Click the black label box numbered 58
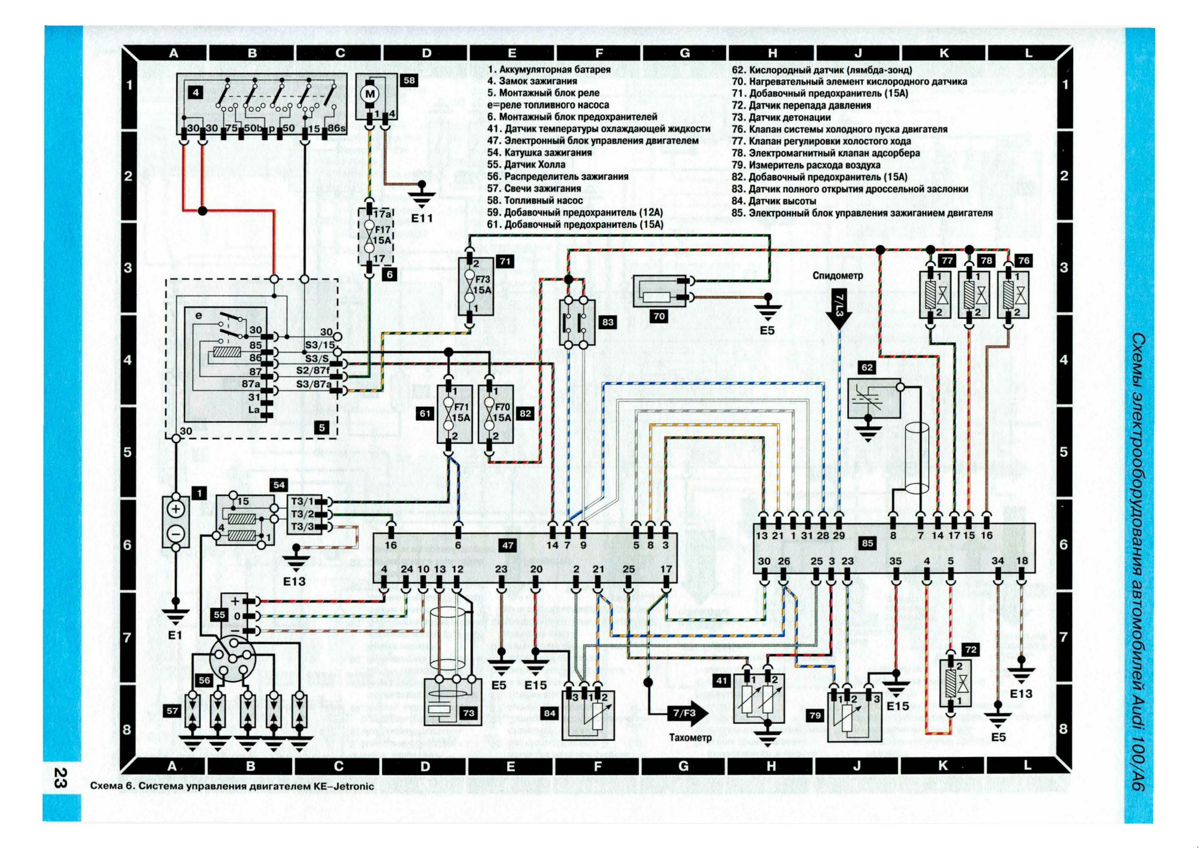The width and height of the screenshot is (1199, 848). pyautogui.click(x=409, y=80)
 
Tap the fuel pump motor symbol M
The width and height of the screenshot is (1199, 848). pyautogui.click(x=371, y=94)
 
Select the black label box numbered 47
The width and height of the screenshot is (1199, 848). pyautogui.click(x=508, y=545)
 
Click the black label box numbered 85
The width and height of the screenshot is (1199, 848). pyautogui.click(x=867, y=544)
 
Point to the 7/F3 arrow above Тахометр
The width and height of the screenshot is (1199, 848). pyautogui.click(x=685, y=713)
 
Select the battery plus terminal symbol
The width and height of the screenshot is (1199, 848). pyautogui.click(x=176, y=510)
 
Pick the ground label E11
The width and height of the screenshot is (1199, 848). pyautogui.click(x=422, y=218)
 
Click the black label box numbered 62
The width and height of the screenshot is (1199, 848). pyautogui.click(x=867, y=368)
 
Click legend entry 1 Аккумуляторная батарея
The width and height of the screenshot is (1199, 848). pyautogui.click(x=549, y=69)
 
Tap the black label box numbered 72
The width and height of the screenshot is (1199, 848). pyautogui.click(x=970, y=650)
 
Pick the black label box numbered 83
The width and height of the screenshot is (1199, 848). pyautogui.click(x=607, y=322)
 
